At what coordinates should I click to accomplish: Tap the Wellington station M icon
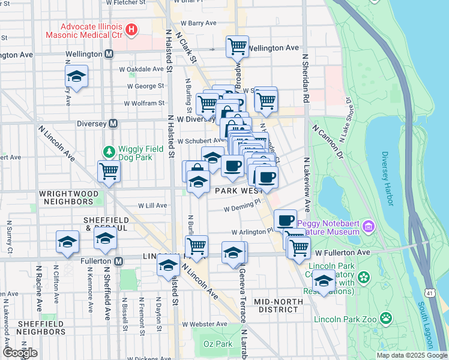109,54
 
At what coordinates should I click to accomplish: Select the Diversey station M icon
112,124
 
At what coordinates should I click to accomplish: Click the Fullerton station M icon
119,262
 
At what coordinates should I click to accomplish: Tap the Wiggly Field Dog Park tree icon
109,151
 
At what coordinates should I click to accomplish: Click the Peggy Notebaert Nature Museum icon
368,227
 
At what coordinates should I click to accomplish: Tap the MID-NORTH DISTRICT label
276,305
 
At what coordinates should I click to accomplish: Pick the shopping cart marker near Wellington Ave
237,46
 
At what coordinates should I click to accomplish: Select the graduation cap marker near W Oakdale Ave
76,76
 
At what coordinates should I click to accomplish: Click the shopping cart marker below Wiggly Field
109,170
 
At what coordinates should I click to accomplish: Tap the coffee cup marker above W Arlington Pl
286,220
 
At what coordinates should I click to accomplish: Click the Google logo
19,352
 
